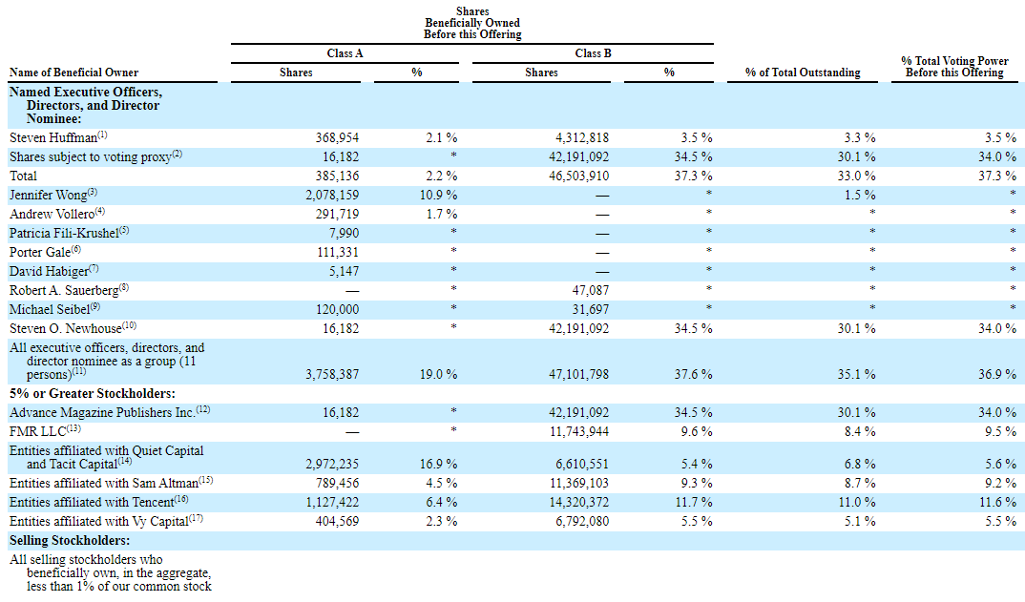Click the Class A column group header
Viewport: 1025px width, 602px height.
345,53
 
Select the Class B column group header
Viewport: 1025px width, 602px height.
593,53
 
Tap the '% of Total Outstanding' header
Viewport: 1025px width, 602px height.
803,73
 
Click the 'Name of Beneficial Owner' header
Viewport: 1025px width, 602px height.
73,73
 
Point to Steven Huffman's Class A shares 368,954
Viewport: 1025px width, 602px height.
337,138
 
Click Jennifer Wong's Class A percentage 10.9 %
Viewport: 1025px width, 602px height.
439,195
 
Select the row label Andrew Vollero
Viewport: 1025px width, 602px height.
57,214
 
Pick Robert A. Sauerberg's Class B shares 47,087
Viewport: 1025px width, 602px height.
591,290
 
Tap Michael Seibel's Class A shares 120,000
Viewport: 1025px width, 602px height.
337,309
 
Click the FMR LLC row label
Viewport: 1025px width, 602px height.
45,431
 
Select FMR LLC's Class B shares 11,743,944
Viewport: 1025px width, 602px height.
579,431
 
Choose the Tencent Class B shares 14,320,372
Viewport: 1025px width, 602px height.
579,502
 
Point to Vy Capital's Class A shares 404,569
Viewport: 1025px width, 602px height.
337,521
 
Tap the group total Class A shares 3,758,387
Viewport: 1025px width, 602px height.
332,375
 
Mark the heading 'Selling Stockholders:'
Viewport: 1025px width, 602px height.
70,541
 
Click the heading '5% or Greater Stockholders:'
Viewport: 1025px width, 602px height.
93,393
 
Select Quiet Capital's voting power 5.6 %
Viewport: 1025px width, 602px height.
1000,464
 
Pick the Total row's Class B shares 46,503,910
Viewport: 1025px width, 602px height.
579,176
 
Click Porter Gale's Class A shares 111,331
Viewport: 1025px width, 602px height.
337,252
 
